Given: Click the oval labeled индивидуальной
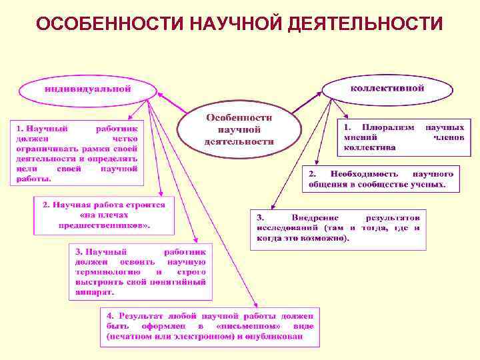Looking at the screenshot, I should tap(87, 89).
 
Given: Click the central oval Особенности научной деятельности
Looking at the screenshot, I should tap(239, 129).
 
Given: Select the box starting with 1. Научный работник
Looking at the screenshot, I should tap(76, 153).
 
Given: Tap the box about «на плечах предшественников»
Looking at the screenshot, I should tap(104, 215).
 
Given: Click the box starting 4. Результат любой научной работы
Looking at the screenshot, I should tap(209, 327).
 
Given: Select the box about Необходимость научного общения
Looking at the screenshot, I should tap(380, 178).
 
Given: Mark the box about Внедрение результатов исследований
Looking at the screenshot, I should tap(338, 228).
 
